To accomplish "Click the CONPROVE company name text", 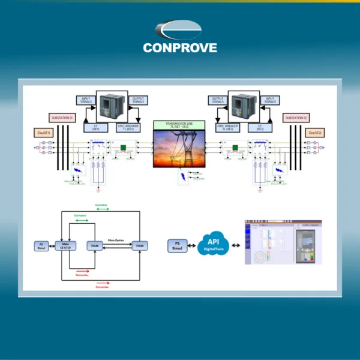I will pyautogui.click(x=180, y=48).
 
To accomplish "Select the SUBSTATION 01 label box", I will pyautogui.click(x=62, y=118).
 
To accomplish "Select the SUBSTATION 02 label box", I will pyautogui.click(x=298, y=118).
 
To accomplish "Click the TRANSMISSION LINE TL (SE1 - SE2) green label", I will pyautogui.click(x=179, y=125).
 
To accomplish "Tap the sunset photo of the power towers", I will pyautogui.click(x=179, y=150).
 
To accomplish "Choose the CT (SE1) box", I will pyautogui.click(x=96, y=127).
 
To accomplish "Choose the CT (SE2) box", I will pyautogui.click(x=260, y=127).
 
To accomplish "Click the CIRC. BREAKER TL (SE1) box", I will pyautogui.click(x=131, y=127).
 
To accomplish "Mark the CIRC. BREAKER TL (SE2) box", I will pyautogui.click(x=229, y=127).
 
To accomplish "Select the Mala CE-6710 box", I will pyautogui.click(x=65, y=245).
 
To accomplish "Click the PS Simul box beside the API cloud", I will pyautogui.click(x=178, y=245).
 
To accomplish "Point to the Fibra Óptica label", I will pyautogui.click(x=115, y=239).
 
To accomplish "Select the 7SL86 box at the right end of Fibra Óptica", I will pyautogui.click(x=139, y=245).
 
